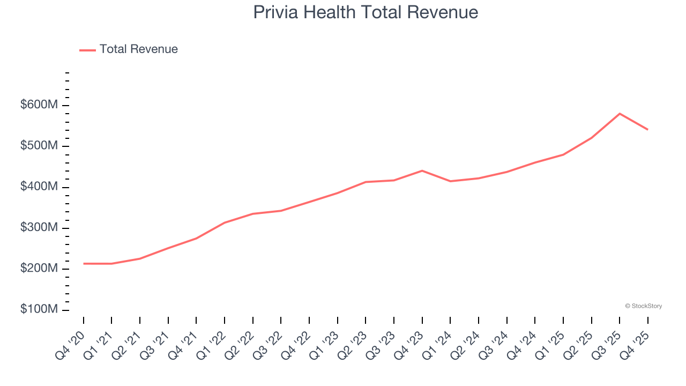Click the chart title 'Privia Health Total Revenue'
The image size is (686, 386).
[x=366, y=12]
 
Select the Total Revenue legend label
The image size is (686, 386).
[x=138, y=49]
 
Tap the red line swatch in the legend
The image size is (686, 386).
[x=87, y=50]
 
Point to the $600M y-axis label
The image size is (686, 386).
[x=39, y=105]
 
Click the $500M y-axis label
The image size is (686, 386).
[x=39, y=146]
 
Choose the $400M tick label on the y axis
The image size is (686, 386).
[x=39, y=187]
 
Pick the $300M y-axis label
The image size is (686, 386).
[x=39, y=228]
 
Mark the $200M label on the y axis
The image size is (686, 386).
[x=39, y=269]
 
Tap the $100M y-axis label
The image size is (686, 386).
[x=39, y=310]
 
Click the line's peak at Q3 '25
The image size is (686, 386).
[x=620, y=114]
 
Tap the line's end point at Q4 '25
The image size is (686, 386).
[x=647, y=129]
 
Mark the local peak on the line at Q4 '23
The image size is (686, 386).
[x=422, y=170]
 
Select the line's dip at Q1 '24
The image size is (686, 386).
[x=450, y=181]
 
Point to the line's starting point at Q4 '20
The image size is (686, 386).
[x=84, y=264]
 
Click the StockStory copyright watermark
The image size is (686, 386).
[x=643, y=306]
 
